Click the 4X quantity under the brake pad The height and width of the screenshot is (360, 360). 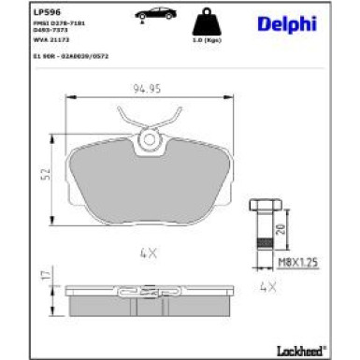(147, 251)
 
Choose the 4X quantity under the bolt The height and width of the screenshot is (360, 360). (268, 287)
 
